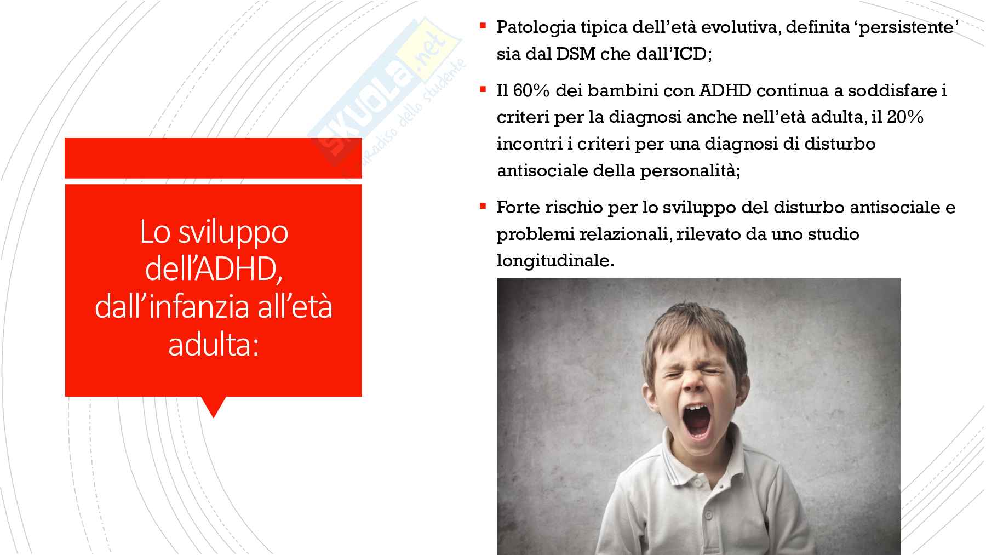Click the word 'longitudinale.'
555,261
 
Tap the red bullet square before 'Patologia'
483,25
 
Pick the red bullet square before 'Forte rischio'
483,205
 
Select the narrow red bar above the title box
213,158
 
